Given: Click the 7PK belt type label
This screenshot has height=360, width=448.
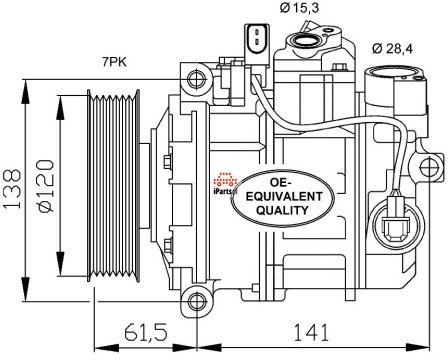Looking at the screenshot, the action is coord(114,62).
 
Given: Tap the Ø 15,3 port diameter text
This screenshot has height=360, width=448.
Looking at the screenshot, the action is coord(299,8).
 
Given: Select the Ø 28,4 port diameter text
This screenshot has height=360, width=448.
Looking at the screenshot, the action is coord(392,49).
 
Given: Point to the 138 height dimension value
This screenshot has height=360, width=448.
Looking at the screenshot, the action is coord(12,189).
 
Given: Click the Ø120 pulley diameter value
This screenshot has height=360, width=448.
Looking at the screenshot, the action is coord(45,186).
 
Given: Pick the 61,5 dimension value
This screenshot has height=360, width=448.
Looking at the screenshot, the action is coord(145,332).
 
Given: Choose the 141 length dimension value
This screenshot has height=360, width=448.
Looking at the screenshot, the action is coord(311,332).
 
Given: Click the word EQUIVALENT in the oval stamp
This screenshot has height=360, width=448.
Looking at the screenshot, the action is coord(284,196).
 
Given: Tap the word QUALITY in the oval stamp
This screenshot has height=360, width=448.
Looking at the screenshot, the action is coord(283,210).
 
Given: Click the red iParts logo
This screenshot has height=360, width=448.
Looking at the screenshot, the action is coord(225,183).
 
